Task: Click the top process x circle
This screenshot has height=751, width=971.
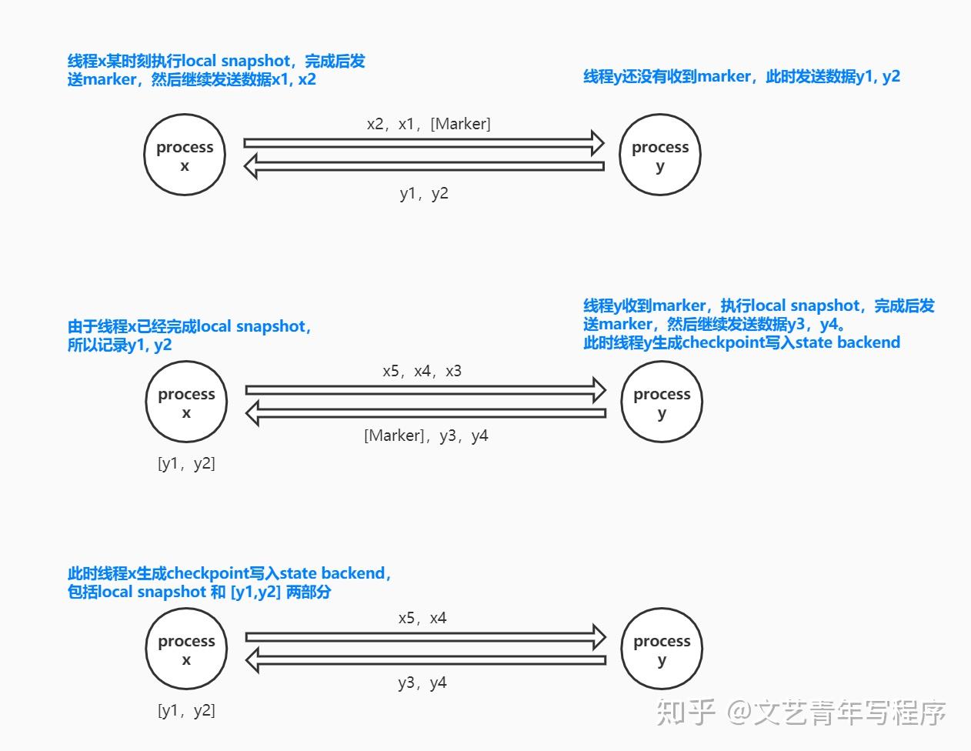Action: coord(185,155)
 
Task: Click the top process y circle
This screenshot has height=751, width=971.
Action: coord(660,155)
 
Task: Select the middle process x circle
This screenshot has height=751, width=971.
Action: coord(186,402)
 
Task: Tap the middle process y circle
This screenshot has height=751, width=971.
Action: coord(662,402)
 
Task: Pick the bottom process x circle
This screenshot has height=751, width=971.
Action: coord(186,649)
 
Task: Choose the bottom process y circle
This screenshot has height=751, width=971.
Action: coord(662,649)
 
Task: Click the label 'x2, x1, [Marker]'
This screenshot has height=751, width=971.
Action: coord(429,124)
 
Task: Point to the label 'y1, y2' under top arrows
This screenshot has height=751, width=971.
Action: coord(424,193)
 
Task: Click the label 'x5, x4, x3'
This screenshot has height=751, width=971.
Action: coord(422,371)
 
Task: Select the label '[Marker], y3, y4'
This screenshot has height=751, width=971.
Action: coord(426,436)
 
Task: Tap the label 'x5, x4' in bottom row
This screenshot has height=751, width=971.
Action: coord(422,618)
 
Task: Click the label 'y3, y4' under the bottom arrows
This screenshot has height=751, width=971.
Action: coord(422,683)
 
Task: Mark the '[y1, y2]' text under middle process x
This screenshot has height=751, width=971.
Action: coord(186,463)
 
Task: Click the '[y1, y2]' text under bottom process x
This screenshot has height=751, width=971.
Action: coord(186,710)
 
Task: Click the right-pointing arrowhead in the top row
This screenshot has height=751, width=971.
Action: coord(597,142)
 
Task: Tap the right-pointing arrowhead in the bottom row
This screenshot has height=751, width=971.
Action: coord(599,636)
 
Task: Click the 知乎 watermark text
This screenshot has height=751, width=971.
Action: coord(686,713)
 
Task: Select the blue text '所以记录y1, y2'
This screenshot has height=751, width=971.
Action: coord(119,345)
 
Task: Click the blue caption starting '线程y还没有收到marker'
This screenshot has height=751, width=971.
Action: coord(742,76)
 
